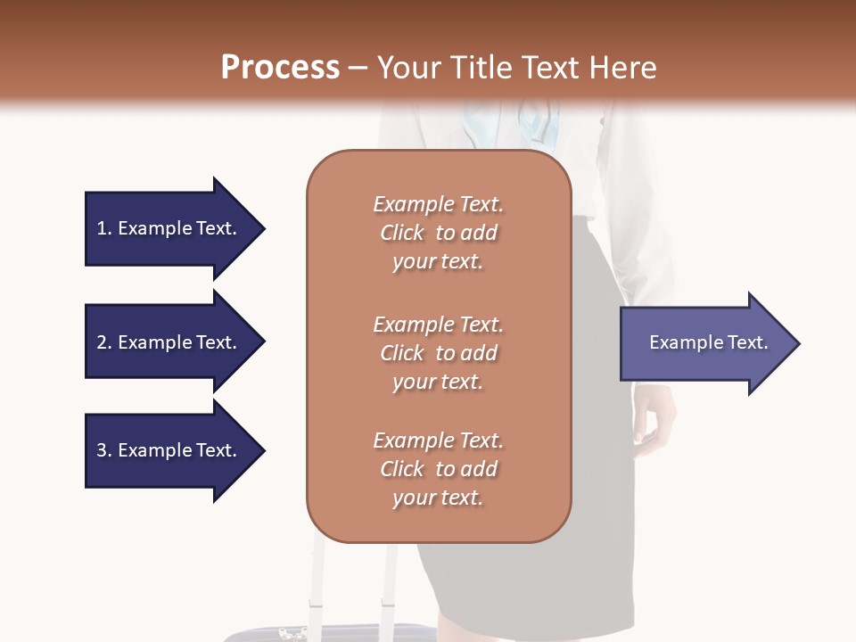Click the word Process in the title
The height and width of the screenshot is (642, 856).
tap(280, 68)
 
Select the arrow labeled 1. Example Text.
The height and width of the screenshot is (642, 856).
tap(167, 228)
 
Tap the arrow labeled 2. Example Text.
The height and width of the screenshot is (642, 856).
tap(167, 342)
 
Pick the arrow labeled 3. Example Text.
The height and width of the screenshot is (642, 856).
tap(167, 450)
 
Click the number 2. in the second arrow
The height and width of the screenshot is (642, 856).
tap(104, 342)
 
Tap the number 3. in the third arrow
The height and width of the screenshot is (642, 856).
tap(104, 450)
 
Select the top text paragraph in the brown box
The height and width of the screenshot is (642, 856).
tap(438, 233)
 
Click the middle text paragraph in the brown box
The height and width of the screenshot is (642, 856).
tap(438, 353)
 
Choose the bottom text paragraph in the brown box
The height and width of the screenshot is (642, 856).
tap(438, 469)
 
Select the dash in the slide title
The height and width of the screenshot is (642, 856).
tap(358, 68)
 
